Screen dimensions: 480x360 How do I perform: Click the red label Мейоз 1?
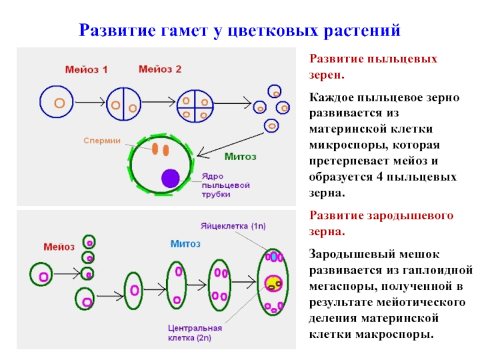87,70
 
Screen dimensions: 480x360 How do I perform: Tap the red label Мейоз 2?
160,70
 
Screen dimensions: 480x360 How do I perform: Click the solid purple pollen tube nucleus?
170,178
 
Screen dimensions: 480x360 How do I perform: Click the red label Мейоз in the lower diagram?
59,247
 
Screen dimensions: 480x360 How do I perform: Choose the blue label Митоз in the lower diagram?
185,244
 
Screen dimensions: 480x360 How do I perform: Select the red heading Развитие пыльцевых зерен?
373,67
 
